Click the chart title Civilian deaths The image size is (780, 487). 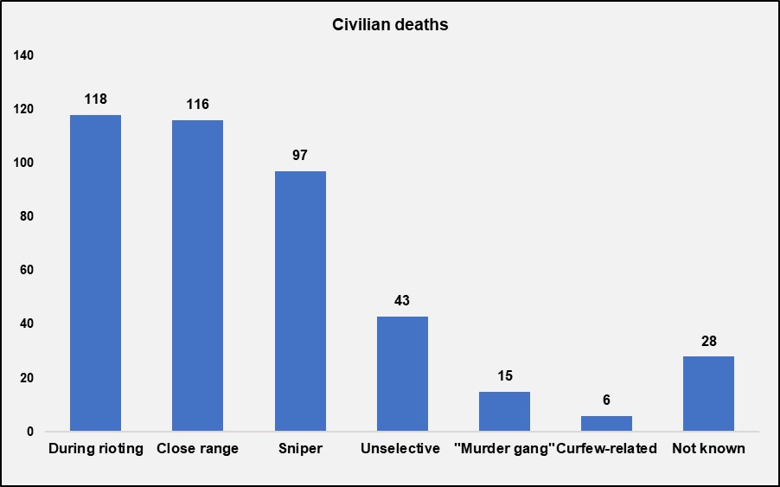click(390, 25)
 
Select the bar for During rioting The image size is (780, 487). click(95, 272)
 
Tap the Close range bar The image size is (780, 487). click(197, 275)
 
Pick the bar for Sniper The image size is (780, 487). click(300, 301)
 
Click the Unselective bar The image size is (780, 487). click(402, 374)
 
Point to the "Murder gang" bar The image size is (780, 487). click(504, 412)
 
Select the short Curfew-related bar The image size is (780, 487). click(606, 424)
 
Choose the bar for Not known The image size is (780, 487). click(708, 394)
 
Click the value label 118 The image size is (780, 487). click(95, 99)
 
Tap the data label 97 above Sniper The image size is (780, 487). click(300, 155)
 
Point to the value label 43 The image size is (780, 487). click(402, 301)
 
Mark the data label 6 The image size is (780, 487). click(606, 400)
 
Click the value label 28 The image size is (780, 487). click(708, 341)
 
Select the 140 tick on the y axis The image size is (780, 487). click(23, 55)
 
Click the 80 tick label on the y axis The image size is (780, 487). click(26, 216)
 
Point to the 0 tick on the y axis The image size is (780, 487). click(29, 432)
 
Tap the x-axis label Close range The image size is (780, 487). click(197, 449)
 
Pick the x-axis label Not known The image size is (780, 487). click(708, 449)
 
